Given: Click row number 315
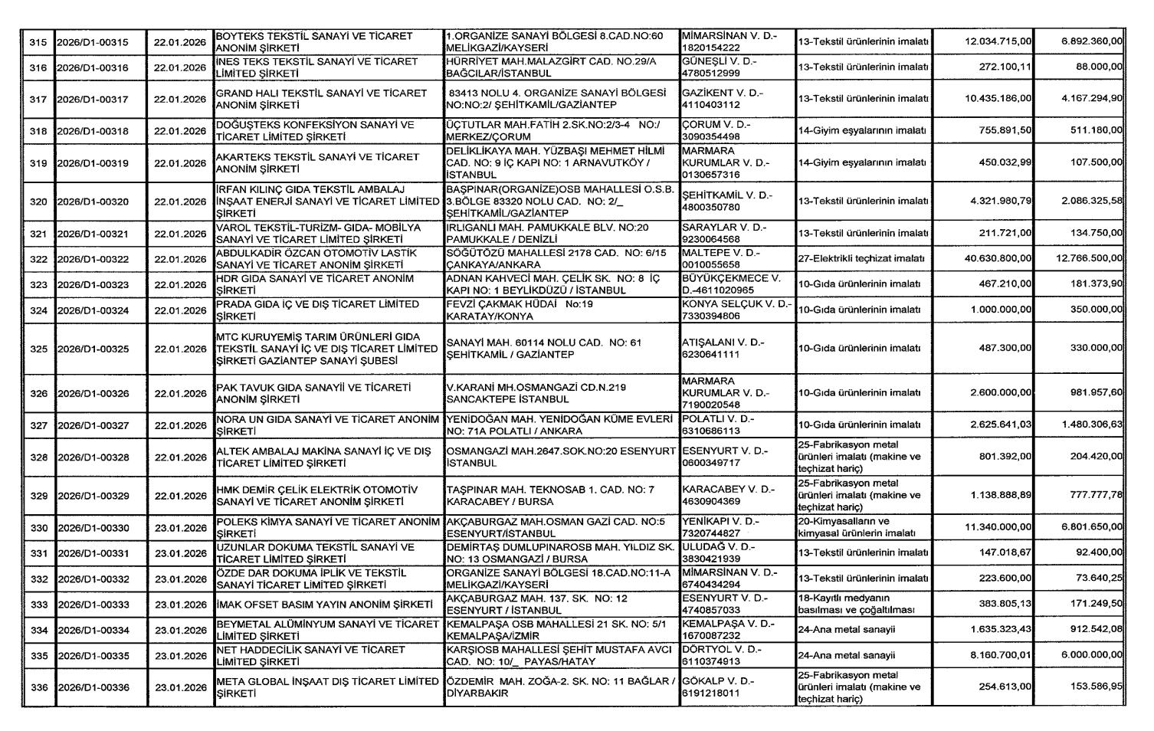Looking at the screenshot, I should [38, 42].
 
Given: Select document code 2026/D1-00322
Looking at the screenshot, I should [93, 260].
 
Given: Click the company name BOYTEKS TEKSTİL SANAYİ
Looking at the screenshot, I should [314, 41].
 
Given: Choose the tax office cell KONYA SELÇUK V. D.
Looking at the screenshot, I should [736, 310].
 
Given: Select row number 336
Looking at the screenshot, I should [38, 688].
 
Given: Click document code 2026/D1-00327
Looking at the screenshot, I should [93, 425].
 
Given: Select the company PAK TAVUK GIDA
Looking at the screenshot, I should [315, 394].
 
